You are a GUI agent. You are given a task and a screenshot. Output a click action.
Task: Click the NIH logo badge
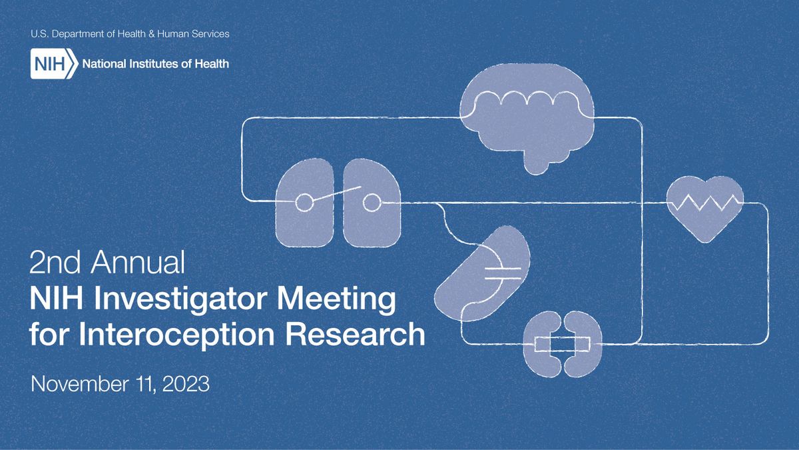[x=52, y=64]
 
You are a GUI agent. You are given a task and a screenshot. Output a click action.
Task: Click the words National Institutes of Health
[x=154, y=64]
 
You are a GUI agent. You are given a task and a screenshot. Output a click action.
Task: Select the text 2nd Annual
[x=107, y=263]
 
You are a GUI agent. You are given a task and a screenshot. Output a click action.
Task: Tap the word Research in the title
[x=360, y=333]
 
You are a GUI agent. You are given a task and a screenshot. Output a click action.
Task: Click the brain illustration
[x=527, y=117]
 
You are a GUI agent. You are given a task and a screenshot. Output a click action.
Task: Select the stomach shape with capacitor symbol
[x=483, y=273]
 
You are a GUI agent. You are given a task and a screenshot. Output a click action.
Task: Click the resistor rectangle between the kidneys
[x=563, y=344]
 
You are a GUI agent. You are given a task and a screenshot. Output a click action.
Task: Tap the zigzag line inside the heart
[x=704, y=202]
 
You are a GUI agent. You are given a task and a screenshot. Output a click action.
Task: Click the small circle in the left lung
[x=304, y=202]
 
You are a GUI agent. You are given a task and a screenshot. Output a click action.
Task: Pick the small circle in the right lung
[x=371, y=201]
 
